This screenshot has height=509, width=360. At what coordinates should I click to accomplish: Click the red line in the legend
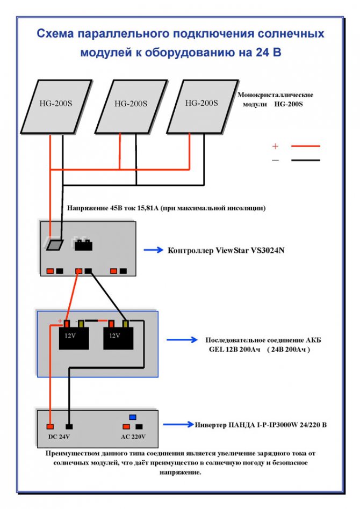(x=305, y=146)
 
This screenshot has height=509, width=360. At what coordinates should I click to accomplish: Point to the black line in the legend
(x=305, y=160)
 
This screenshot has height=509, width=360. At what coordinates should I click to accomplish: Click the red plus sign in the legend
(x=276, y=146)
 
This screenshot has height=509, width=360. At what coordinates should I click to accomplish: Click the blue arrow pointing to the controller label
(x=154, y=250)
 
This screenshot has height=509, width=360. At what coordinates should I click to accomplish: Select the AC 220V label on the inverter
(x=133, y=437)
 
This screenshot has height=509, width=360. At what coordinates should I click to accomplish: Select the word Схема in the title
(x=55, y=34)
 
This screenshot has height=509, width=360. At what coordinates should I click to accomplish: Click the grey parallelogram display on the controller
(x=55, y=245)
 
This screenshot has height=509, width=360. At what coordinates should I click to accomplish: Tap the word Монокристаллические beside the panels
(x=276, y=95)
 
